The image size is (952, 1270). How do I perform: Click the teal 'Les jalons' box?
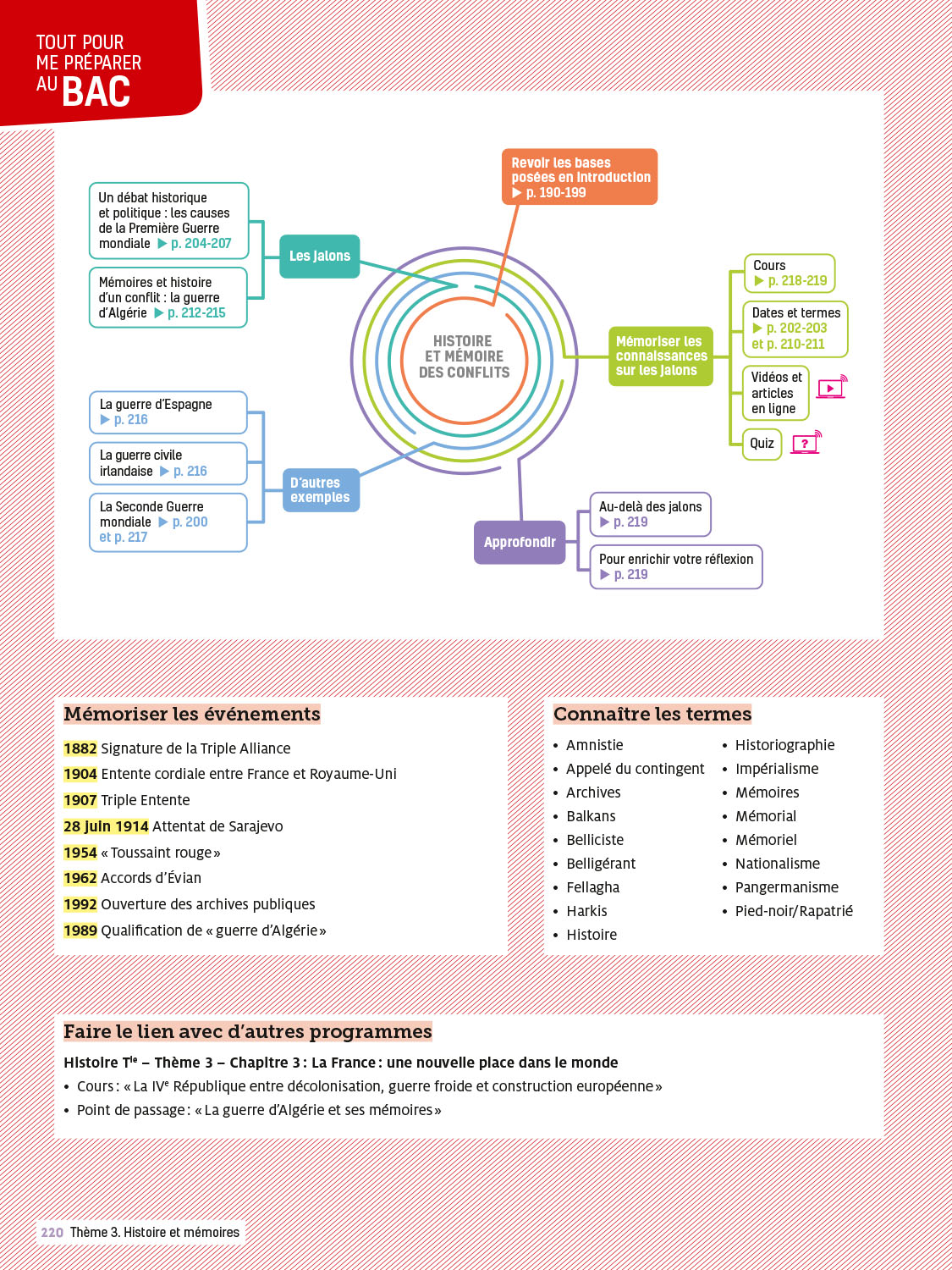coord(320,256)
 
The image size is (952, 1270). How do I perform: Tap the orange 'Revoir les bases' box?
coord(580,177)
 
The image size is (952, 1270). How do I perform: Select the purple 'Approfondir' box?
coord(520,542)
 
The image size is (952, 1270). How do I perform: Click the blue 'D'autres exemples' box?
coord(321,490)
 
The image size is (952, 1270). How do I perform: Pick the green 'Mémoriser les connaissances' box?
coord(661,356)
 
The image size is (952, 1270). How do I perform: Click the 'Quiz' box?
coord(762,444)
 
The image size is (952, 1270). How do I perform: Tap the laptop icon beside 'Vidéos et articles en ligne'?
coord(831,389)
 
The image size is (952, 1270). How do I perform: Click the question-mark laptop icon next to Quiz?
coord(806,443)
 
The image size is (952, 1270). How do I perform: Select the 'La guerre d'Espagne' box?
coord(168,411)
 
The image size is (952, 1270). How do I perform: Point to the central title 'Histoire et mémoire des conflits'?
coord(464,356)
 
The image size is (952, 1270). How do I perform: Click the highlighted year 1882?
coord(80,748)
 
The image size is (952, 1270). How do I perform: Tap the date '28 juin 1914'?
coord(106,826)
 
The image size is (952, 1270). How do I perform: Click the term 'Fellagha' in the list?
coord(592,887)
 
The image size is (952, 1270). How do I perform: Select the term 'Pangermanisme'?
coord(786,887)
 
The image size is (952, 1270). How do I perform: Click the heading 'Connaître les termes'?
coord(652,714)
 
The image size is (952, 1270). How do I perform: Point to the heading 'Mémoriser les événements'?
coord(192,714)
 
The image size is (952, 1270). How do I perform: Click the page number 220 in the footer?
coord(52,1233)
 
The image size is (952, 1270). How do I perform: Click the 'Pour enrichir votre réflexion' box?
coord(676,566)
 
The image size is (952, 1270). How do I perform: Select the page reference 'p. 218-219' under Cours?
coord(797,281)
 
